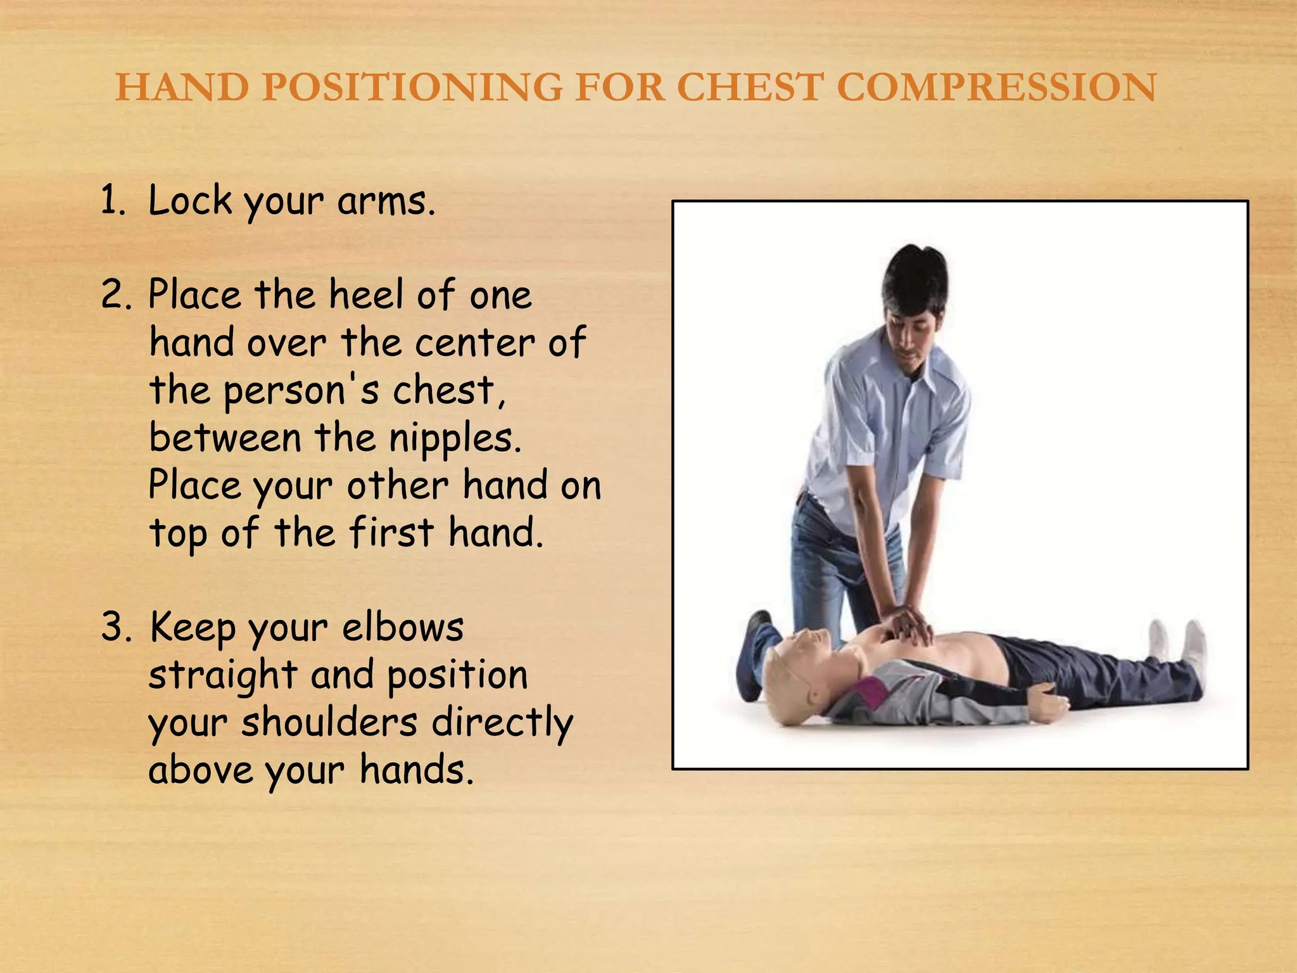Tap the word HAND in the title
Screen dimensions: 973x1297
coord(182,87)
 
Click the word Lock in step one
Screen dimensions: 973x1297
coord(191,201)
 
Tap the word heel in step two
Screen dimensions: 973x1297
coord(365,296)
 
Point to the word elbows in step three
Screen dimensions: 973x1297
coord(403,628)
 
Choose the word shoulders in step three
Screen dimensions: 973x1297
coord(329,723)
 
